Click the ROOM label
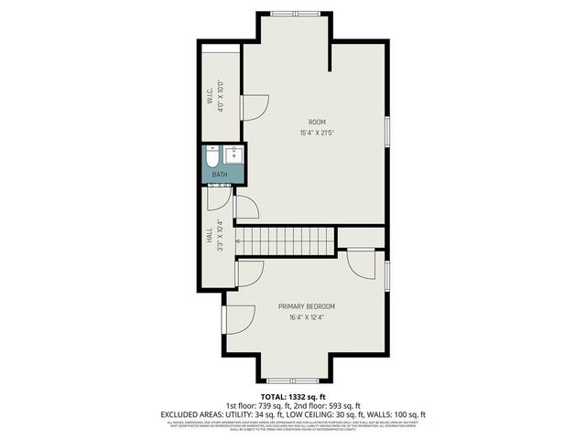pos(316,122)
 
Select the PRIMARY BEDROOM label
pos(307,306)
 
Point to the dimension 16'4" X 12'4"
pos(307,317)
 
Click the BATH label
pos(220,174)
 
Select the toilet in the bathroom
pos(212,154)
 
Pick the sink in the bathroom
pos(233,153)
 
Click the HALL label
pos(210,236)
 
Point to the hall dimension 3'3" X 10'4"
pos(221,236)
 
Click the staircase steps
pos(285,241)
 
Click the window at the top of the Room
pos(295,14)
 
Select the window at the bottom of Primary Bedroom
pos(292,379)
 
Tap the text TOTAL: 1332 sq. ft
pos(293,395)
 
